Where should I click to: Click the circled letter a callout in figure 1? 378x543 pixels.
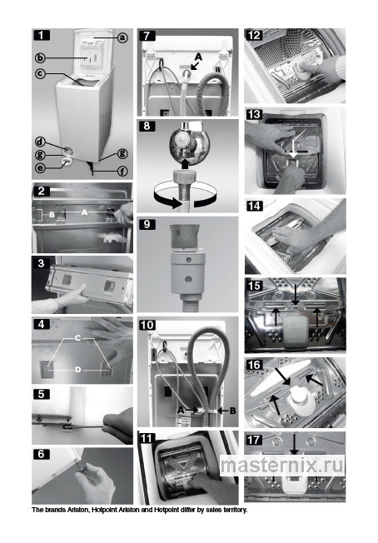tap(122, 37)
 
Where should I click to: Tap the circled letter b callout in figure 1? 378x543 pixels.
tap(40, 57)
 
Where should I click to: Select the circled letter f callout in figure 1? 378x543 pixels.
tap(122, 171)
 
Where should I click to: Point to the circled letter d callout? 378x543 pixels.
tap(40, 142)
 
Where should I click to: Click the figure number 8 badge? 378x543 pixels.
tap(147, 126)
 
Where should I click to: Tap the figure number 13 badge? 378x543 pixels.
tap(255, 114)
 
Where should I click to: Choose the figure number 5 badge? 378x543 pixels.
tap(41, 394)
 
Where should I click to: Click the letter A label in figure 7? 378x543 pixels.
tap(198, 57)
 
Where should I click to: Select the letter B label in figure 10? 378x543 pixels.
tap(232, 411)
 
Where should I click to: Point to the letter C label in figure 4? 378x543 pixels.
tap(77, 337)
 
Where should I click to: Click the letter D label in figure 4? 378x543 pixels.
tap(78, 370)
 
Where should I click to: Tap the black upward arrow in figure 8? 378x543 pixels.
tap(185, 163)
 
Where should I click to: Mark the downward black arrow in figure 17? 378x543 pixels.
tap(294, 444)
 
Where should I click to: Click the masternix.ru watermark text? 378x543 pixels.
tap(282, 465)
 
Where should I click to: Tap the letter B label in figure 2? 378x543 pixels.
tap(52, 215)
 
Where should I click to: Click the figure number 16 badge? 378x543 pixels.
tap(255, 365)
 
